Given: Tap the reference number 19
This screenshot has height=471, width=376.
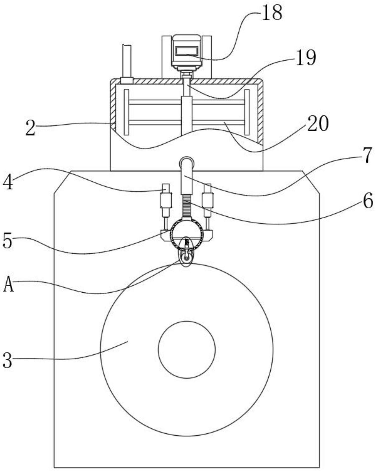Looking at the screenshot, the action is coord(306,58).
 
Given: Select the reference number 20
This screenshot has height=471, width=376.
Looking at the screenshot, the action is coord(318,124).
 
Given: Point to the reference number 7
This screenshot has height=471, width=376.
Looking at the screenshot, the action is coord(368,155).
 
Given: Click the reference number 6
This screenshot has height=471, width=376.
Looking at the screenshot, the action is coord(368,201).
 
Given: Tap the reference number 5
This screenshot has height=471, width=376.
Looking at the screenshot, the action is coord(8,241).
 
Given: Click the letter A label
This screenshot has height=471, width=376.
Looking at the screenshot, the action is coord(8,285).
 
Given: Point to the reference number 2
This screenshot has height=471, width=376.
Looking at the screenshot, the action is coord(30,128).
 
